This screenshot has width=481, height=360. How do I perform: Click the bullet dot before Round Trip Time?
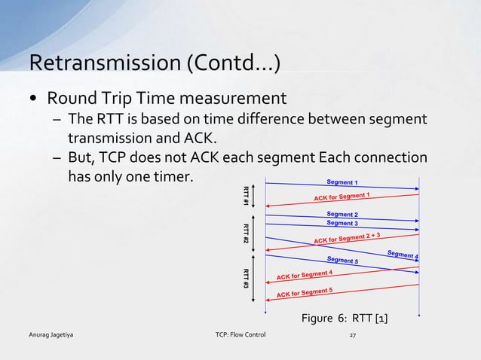(x=34, y=99)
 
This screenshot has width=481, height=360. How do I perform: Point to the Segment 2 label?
(x=342, y=215)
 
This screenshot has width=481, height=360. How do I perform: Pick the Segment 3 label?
(x=342, y=223)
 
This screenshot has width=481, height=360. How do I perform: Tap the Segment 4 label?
(x=403, y=255)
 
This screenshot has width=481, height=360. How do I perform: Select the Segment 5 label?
(x=342, y=261)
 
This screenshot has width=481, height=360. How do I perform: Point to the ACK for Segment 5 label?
(x=305, y=292)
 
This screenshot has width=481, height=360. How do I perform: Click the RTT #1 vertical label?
(x=246, y=194)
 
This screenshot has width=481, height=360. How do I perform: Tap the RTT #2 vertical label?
(x=246, y=233)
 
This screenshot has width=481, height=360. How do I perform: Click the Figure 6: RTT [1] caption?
(x=345, y=321)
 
